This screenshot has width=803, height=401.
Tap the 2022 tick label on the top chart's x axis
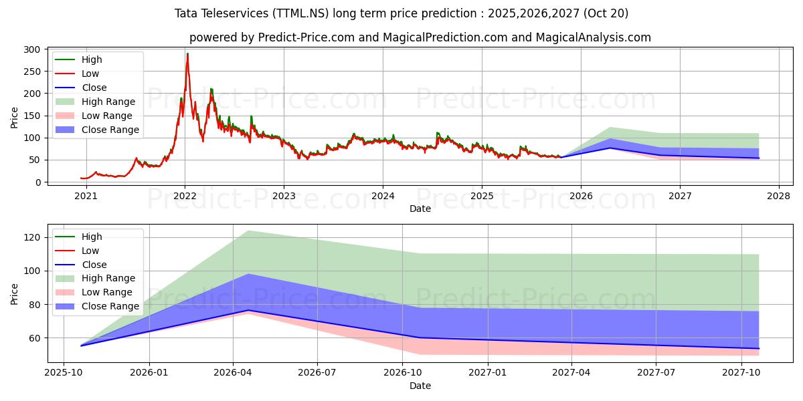point(185,196)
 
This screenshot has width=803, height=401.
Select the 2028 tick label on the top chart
point(779,196)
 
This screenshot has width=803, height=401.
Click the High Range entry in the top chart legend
point(109,102)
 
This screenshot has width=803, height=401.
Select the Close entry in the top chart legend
point(94,88)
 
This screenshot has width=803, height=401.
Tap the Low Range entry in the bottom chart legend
point(108,292)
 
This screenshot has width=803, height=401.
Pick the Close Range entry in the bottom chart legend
point(110,306)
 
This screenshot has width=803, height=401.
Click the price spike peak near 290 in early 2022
point(187,54)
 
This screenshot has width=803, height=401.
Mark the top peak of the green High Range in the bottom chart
point(248,231)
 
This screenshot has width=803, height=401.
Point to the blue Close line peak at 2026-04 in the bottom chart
point(248,310)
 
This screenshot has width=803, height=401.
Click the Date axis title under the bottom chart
point(420,386)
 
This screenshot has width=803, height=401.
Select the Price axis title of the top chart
point(15,118)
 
